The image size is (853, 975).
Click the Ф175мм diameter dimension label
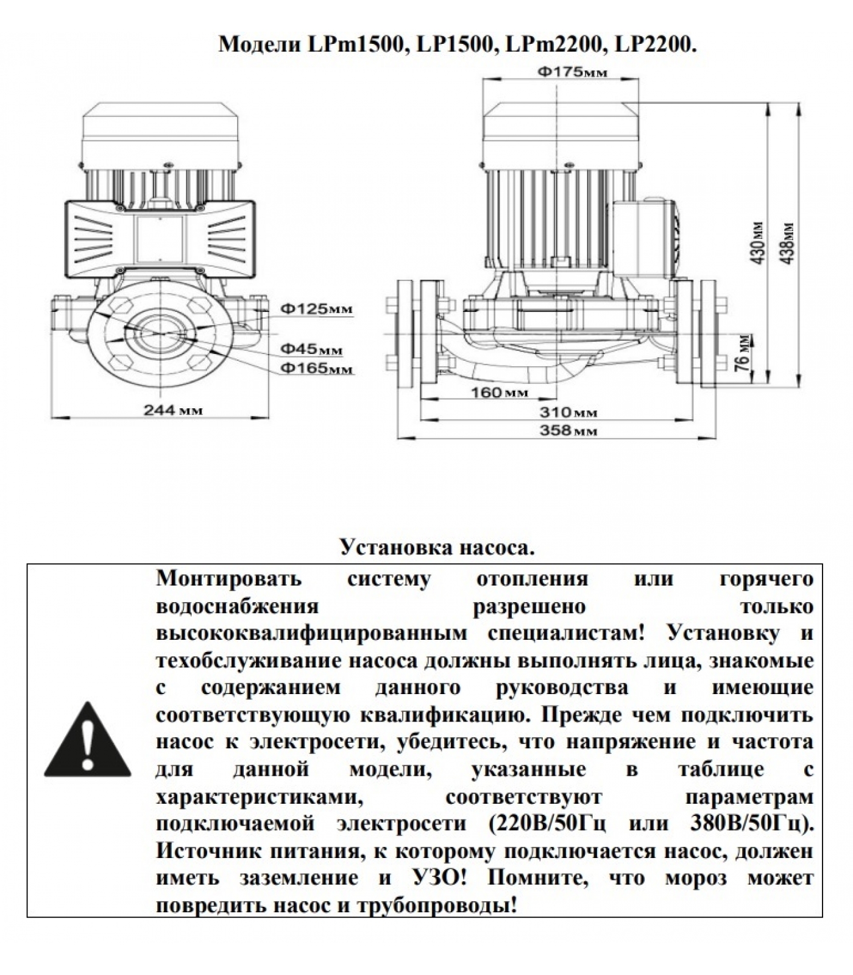[x=572, y=73]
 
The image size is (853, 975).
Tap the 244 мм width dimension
[x=173, y=410]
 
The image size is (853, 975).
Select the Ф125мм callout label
[x=316, y=309]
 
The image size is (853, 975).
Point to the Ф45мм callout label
[x=311, y=349]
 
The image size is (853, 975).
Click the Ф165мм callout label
[x=316, y=368]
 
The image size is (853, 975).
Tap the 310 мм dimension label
[x=568, y=413]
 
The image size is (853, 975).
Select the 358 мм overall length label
[x=568, y=431]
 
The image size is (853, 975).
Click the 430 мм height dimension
[x=757, y=243]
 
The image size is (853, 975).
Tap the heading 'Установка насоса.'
[x=437, y=547]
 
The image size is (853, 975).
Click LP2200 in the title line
[x=655, y=44]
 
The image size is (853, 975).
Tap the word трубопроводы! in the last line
[x=435, y=906]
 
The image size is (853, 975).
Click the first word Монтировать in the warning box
[x=228, y=578]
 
